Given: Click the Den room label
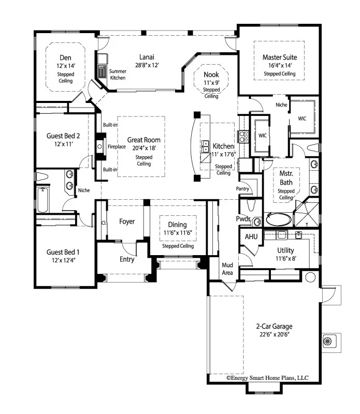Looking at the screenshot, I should point(65,57).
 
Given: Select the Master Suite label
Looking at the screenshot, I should point(280,57).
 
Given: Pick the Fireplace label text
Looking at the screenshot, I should point(117,147).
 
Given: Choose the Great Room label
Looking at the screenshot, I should point(143,140).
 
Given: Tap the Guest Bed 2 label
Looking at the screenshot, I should point(63,136).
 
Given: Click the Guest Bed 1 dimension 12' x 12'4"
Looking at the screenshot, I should point(63,261).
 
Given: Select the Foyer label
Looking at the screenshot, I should point(127,221).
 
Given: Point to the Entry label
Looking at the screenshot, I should point(127,259).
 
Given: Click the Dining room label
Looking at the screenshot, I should point(177,225).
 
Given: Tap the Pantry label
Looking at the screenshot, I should point(243,188).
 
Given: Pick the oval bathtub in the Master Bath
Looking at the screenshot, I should point(278,219).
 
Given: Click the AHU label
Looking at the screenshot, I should point(251,236).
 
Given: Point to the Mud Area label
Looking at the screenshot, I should point(228,269).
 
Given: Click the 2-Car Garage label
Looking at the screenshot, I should point(273,327).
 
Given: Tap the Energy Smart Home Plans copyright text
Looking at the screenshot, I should point(267,378).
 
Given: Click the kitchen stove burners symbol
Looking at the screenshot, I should point(242,136).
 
